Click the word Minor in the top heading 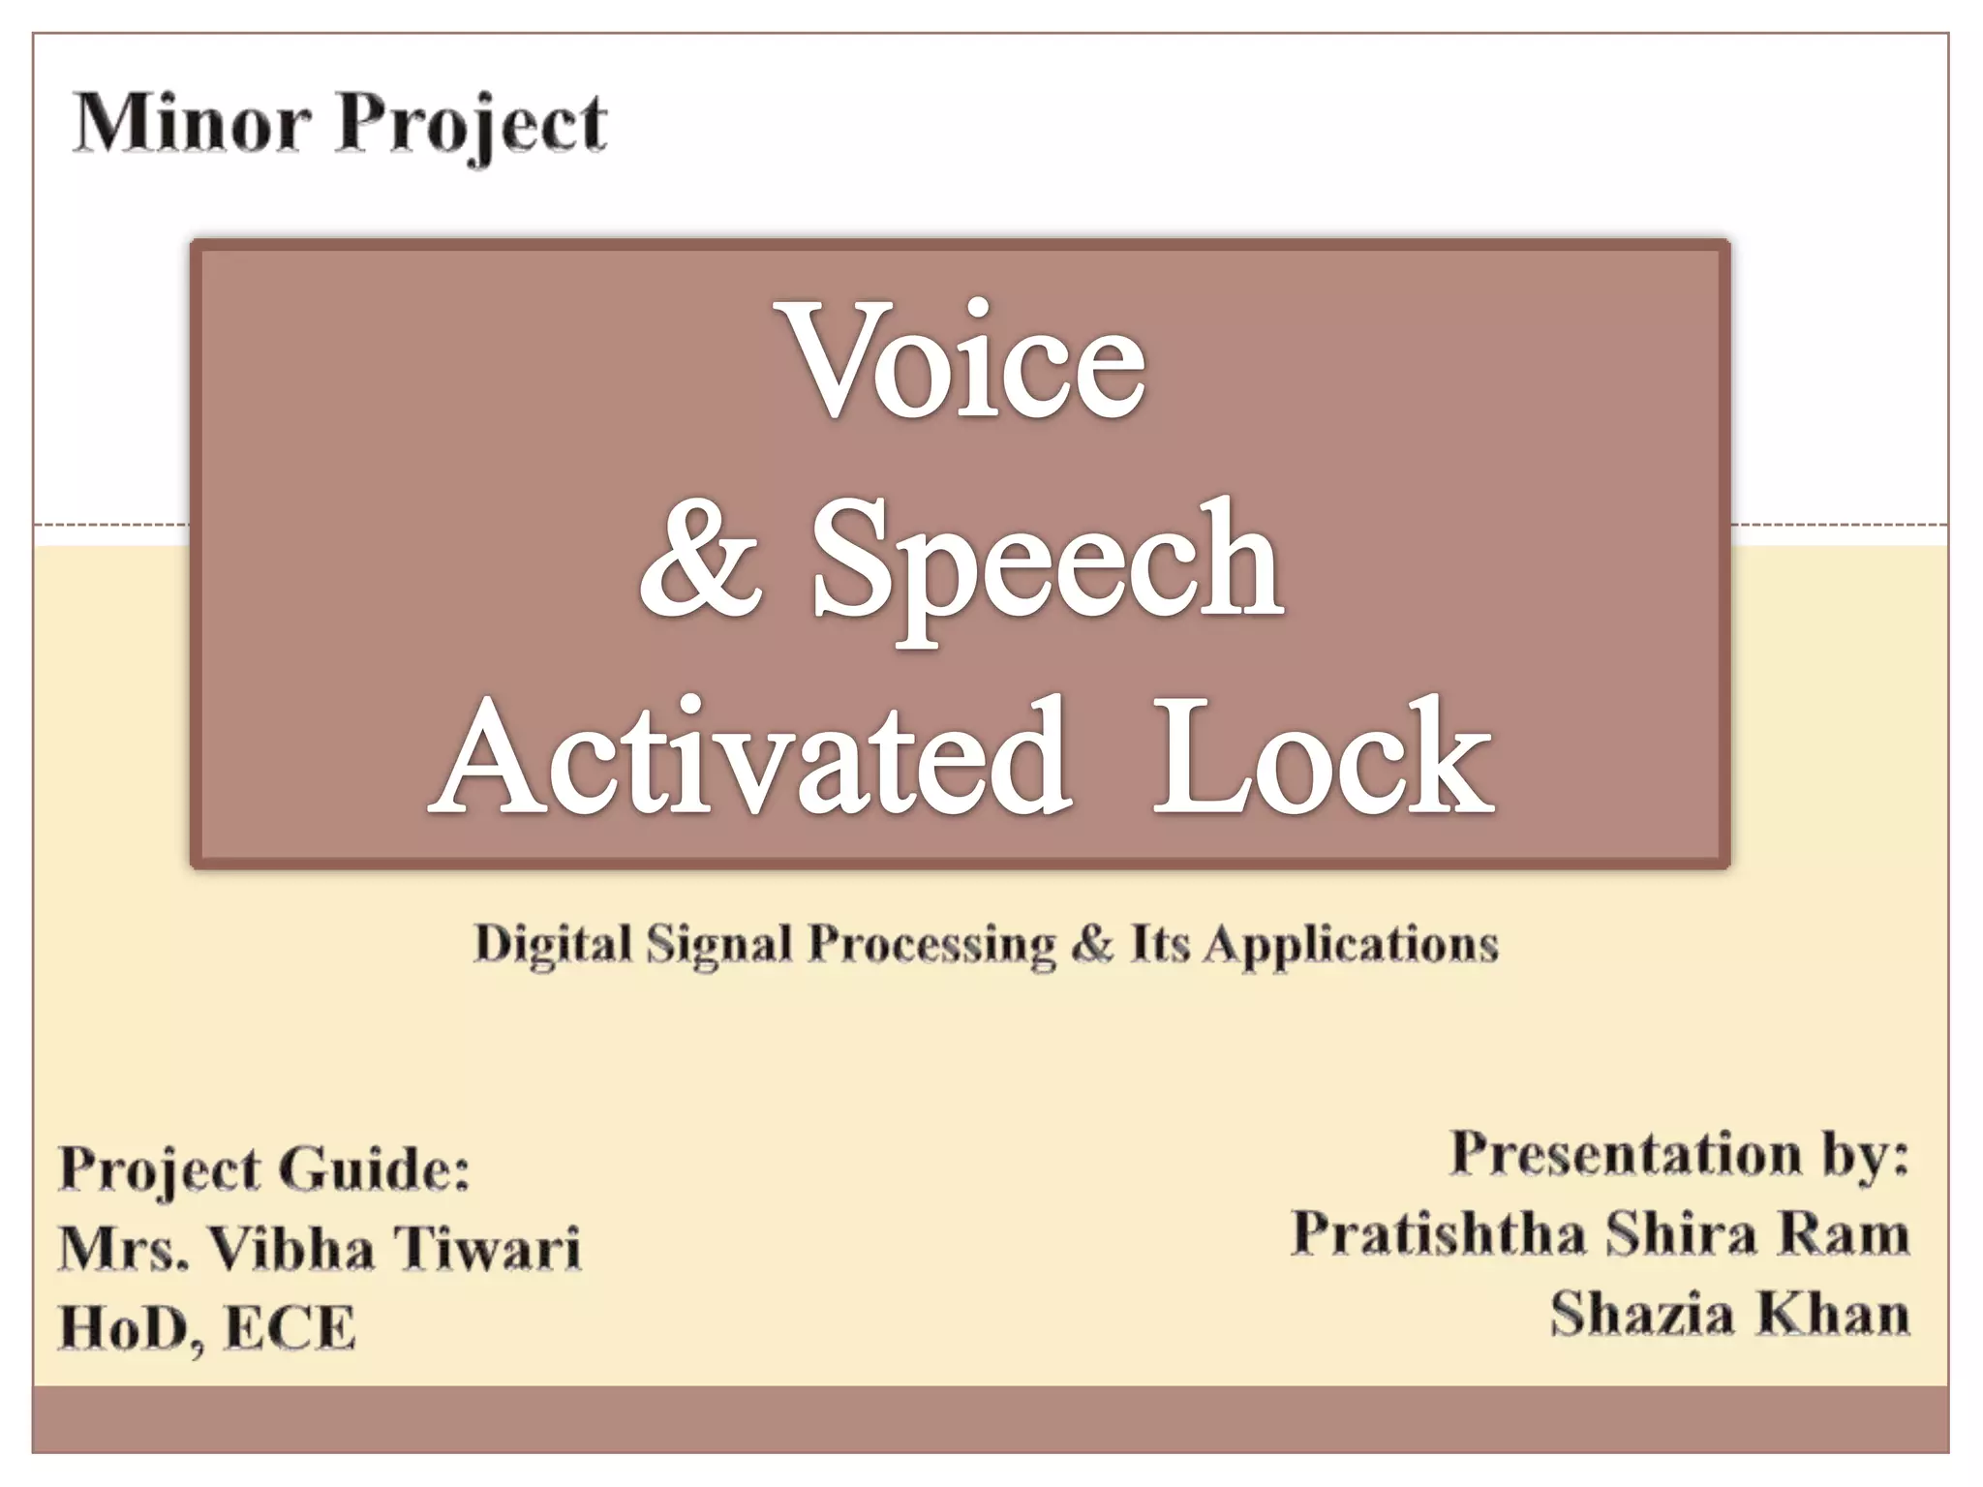(x=192, y=124)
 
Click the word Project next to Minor (x=472, y=126)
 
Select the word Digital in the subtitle (x=552, y=944)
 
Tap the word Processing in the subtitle (x=931, y=944)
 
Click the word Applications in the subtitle (x=1351, y=944)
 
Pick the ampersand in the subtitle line (x=1092, y=944)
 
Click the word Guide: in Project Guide (x=378, y=1168)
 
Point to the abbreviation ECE (x=290, y=1327)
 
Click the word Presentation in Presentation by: (x=1625, y=1155)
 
